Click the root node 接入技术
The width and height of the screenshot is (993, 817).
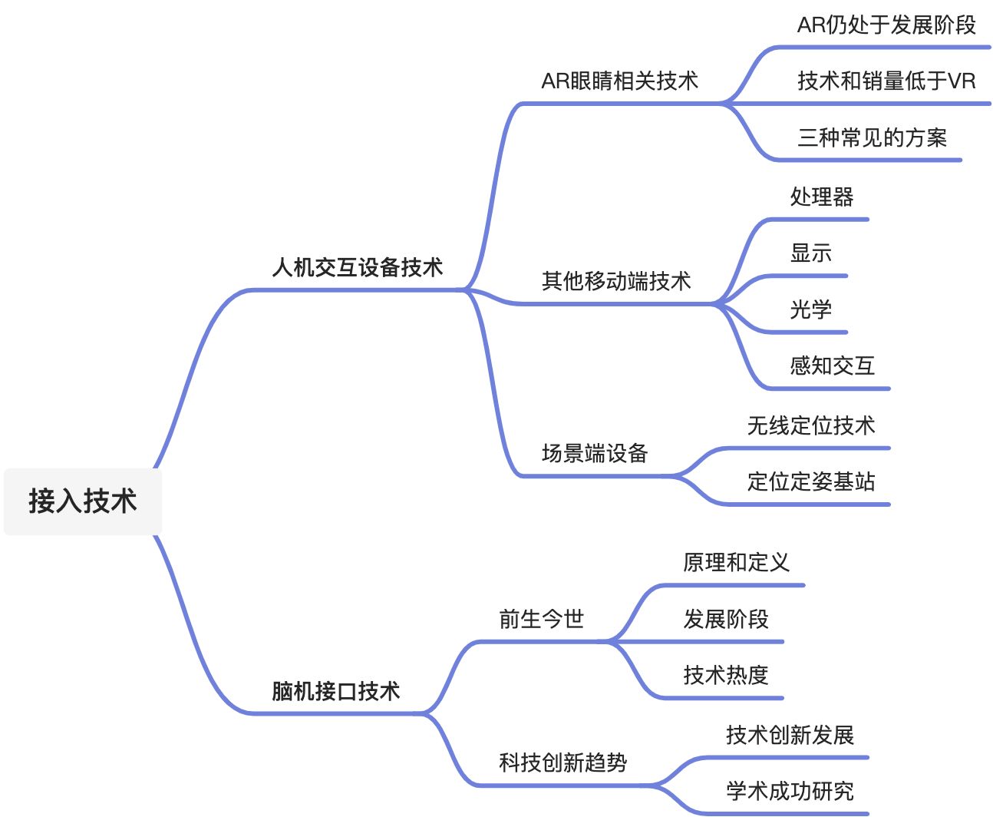click(x=83, y=501)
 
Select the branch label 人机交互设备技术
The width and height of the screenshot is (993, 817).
click(x=358, y=267)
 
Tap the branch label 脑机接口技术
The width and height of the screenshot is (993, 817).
click(x=336, y=691)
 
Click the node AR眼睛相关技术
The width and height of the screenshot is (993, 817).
click(x=620, y=81)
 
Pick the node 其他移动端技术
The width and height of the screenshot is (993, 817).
click(x=616, y=281)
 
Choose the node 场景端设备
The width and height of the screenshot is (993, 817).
click(x=595, y=453)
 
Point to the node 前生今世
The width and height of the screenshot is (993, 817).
click(x=542, y=618)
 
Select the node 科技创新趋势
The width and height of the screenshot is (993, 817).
click(x=563, y=762)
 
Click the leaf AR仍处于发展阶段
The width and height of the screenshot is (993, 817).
click(x=886, y=25)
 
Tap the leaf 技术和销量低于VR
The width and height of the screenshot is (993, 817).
click(x=886, y=81)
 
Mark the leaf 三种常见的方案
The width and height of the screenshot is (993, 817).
click(x=873, y=137)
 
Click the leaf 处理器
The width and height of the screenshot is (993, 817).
click(x=822, y=197)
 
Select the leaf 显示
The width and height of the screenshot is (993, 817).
click(x=811, y=253)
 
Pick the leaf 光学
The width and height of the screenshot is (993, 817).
click(x=811, y=309)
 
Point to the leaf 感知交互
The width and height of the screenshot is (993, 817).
click(x=833, y=365)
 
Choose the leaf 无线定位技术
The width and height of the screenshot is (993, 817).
click(x=811, y=425)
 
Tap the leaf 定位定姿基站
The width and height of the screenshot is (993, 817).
click(x=811, y=481)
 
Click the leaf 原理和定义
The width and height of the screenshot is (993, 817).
click(x=736, y=562)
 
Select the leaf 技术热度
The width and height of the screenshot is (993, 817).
click(x=726, y=675)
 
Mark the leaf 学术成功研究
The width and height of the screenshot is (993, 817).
click(x=790, y=791)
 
